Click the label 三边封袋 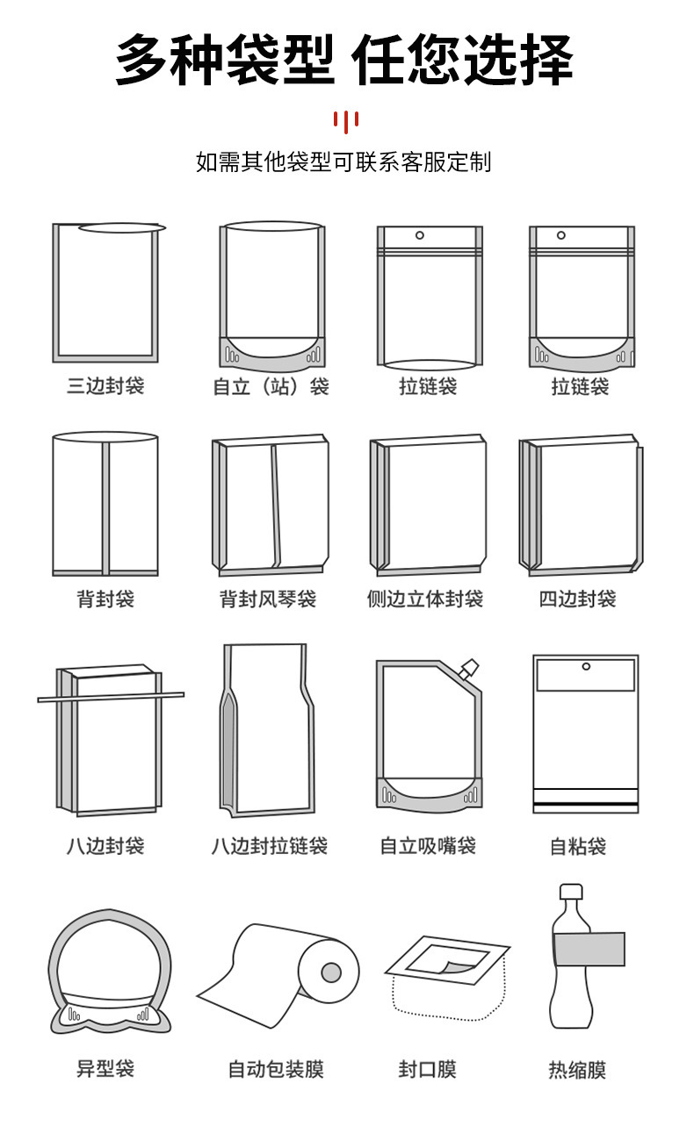coord(105,385)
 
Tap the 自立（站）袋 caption coord(271,386)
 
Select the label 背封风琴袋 coord(268,599)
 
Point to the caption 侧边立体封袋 coord(425,599)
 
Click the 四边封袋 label coord(577,599)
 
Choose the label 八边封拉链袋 coord(269,845)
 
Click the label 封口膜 coord(427,1069)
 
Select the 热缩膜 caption coord(577,1069)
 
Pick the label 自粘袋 coord(577,846)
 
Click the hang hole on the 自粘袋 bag coord(586,667)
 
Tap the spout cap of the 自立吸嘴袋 coord(469,668)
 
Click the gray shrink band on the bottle coord(588,949)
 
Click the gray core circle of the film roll coord(331,972)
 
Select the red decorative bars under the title coord(346,120)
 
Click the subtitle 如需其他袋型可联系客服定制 coord(343,162)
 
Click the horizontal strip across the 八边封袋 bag coord(111,697)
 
